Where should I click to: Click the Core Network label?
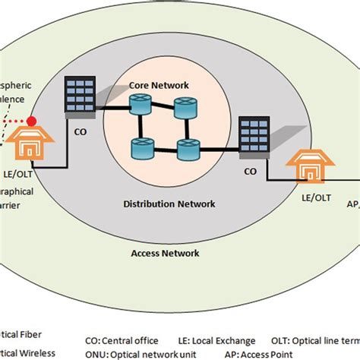[159, 86]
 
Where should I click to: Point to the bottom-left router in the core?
[142, 147]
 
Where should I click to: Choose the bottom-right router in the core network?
[186, 150]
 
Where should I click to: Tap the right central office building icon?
[251, 137]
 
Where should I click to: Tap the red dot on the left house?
[32, 121]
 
